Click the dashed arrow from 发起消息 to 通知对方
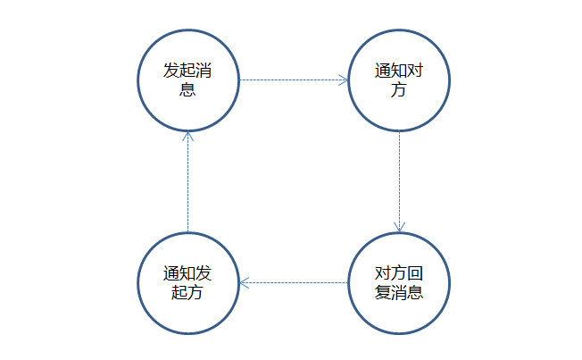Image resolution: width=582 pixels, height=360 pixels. (293, 80)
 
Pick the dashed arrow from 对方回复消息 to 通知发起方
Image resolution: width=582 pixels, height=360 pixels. (293, 282)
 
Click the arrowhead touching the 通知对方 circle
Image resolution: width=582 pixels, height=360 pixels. (342, 80)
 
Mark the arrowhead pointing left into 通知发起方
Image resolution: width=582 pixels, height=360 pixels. (245, 282)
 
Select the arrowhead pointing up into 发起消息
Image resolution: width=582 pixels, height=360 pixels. (187, 136)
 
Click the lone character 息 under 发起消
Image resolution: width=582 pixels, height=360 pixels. (187, 90)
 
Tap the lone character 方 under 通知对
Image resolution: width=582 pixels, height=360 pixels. (398, 90)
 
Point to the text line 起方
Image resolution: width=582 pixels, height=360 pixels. (187, 293)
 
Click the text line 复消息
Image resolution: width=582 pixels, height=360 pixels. (398, 293)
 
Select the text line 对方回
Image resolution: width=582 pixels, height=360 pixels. (398, 272)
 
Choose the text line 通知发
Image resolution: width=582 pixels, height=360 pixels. (187, 272)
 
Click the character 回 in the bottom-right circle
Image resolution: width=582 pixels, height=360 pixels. (414, 272)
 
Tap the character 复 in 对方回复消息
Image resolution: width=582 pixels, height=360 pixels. (382, 293)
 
